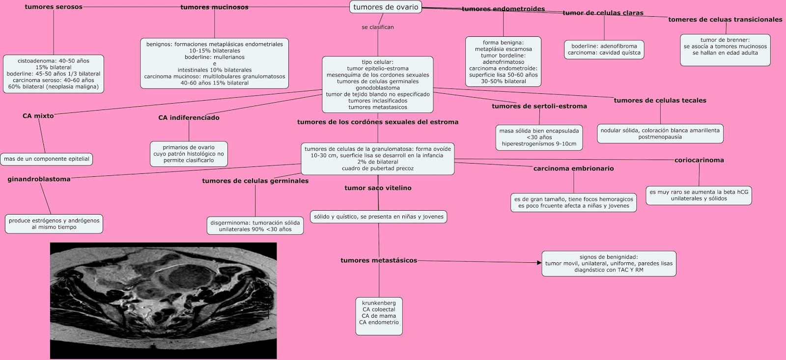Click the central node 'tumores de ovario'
pos(386,7)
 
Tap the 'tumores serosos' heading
pos(54,7)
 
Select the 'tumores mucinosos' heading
pos(214,7)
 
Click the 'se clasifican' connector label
pos(378,27)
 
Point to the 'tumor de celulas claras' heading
pos(603,13)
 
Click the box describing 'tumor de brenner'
pos(725,50)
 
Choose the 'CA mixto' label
pos(38,116)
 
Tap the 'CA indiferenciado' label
pos(189,117)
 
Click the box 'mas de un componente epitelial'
pos(47,159)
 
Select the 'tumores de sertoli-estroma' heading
pos(539,106)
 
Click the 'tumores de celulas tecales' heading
pos(660,100)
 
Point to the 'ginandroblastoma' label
pos(39,179)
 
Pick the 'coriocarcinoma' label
pos(699,160)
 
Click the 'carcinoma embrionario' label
pos(574,168)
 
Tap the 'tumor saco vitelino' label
pos(378,188)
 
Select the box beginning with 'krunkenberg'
pos(379,316)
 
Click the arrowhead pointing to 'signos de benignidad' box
pos(540,262)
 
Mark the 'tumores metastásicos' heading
pos(379,260)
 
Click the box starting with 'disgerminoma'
pos(255,225)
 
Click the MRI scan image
pos(164,301)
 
